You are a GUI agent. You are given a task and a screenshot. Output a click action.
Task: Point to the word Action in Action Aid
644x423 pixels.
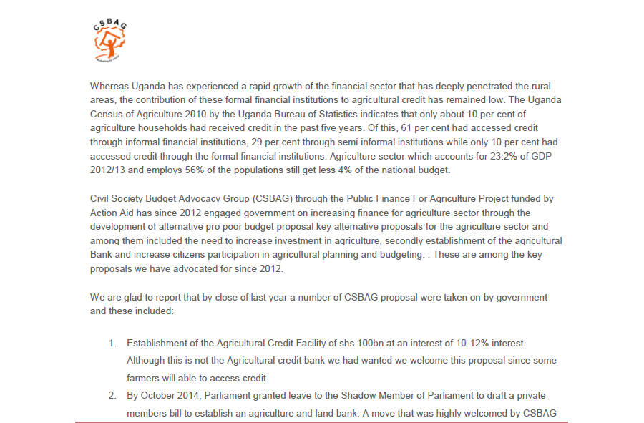(104, 212)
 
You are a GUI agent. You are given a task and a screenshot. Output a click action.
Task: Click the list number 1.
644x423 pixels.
(112, 344)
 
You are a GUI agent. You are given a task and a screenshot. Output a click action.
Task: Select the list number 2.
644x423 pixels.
(112, 395)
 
